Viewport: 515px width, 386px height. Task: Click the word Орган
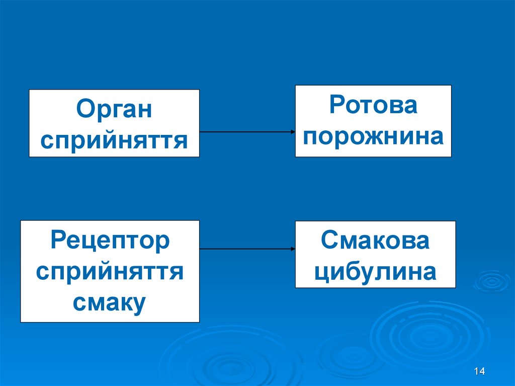(114, 109)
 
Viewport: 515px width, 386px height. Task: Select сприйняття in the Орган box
(114, 140)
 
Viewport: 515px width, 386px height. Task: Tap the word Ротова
(373, 105)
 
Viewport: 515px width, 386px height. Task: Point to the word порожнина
(373, 136)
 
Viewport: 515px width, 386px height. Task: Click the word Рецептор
(110, 241)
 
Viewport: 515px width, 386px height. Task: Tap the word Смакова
(375, 241)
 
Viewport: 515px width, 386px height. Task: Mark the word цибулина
(375, 272)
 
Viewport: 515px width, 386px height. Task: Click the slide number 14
(479, 371)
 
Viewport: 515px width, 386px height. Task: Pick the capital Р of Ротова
(336, 105)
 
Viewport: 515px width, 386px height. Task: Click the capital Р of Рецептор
(58, 241)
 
